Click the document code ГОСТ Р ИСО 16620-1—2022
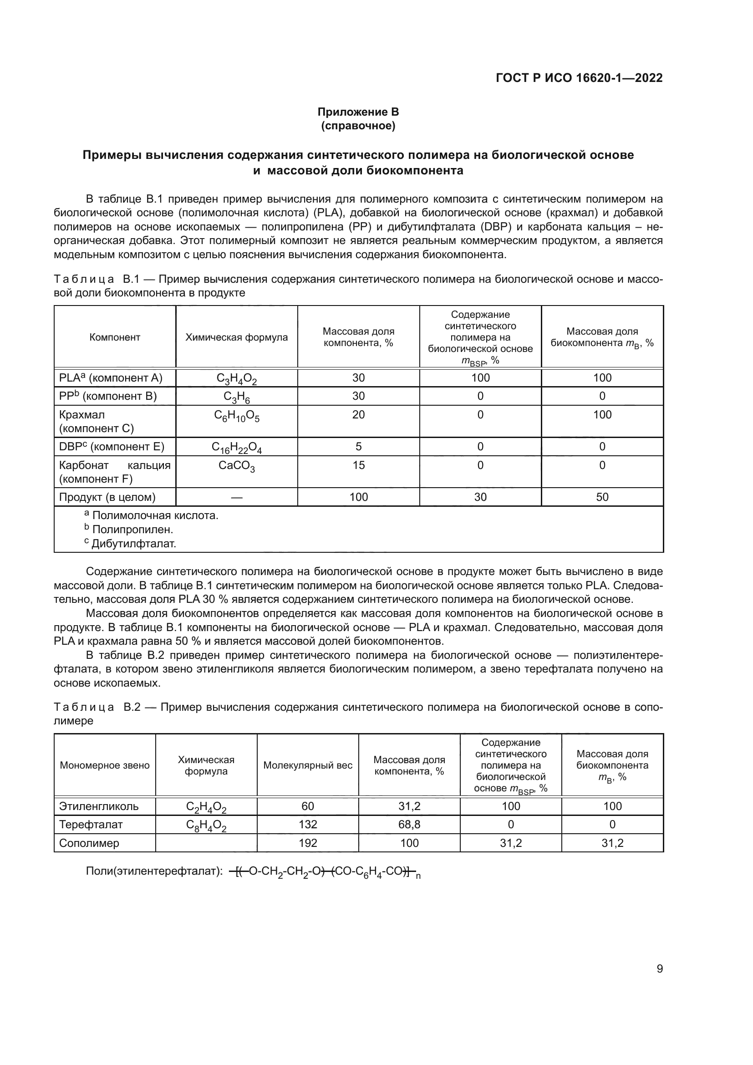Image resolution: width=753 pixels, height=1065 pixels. pyautogui.click(x=579, y=78)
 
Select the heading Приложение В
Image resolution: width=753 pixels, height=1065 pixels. pyautogui.click(x=358, y=112)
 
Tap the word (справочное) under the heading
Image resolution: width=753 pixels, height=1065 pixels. pyautogui.click(x=358, y=126)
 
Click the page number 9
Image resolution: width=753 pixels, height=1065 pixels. pyautogui.click(x=659, y=968)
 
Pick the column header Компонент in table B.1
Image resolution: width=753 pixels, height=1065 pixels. pyautogui.click(x=115, y=337)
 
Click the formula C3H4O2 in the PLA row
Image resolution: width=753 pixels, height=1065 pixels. pyautogui.click(x=236, y=378)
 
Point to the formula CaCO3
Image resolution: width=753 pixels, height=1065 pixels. pyautogui.click(x=236, y=466)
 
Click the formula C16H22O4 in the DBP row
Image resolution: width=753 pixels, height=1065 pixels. pyautogui.click(x=236, y=447)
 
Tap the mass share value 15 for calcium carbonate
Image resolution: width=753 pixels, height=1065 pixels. pyautogui.click(x=358, y=465)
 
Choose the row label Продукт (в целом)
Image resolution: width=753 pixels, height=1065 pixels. pyautogui.click(x=107, y=497)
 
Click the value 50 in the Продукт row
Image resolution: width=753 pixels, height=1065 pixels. pyautogui.click(x=602, y=497)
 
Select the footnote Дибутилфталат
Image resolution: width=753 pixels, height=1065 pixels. pyautogui.click(x=133, y=544)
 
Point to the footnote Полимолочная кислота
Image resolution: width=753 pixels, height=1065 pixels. pyautogui.click(x=155, y=515)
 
